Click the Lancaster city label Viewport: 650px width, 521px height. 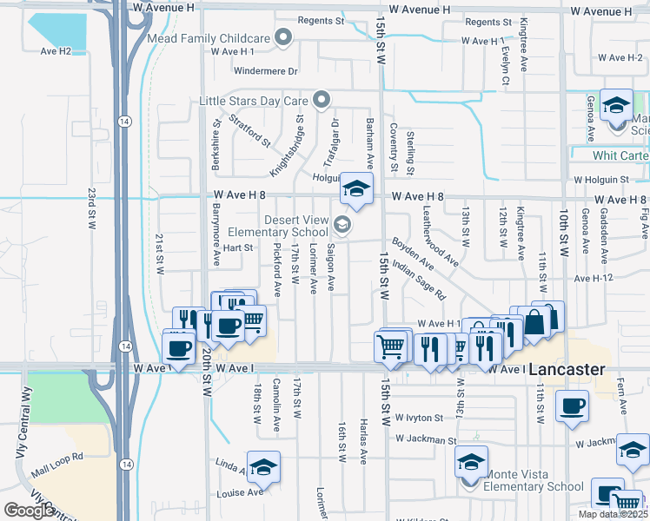(567, 369)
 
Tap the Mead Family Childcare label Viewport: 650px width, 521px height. (209, 38)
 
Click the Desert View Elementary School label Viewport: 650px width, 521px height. (278, 226)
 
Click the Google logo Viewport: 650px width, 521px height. (29, 511)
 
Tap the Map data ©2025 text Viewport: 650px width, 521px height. (612, 514)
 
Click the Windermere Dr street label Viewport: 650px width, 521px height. (266, 69)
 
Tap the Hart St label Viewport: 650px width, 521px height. (236, 247)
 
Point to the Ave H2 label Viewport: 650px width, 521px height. (56, 51)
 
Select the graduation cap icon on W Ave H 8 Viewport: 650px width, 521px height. (355, 187)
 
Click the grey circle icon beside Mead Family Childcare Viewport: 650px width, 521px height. (282, 36)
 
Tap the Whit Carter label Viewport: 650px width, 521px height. (620, 155)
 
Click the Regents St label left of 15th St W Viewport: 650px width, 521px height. (321, 21)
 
